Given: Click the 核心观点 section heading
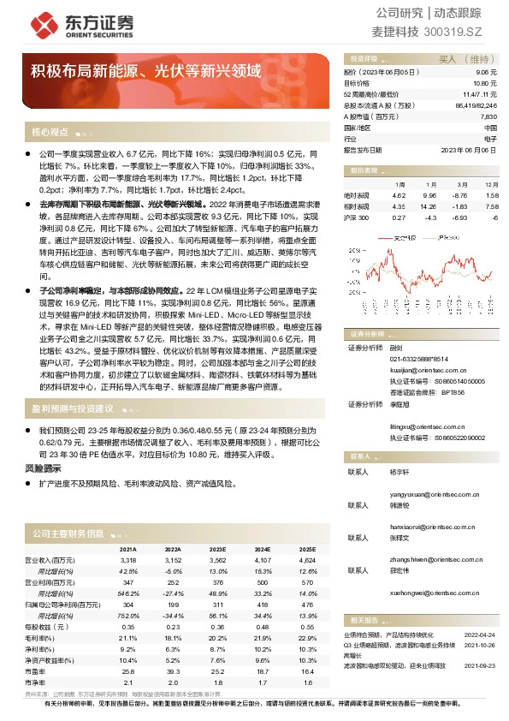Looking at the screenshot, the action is tap(50, 133).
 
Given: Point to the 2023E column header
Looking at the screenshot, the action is tap(218, 549).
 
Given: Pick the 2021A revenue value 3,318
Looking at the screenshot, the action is tap(127, 559).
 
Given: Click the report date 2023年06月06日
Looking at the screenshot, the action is tap(469, 148).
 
